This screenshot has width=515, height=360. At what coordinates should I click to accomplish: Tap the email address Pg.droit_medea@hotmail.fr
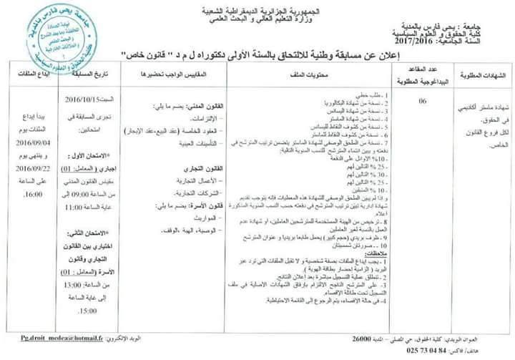tap(44, 336)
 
